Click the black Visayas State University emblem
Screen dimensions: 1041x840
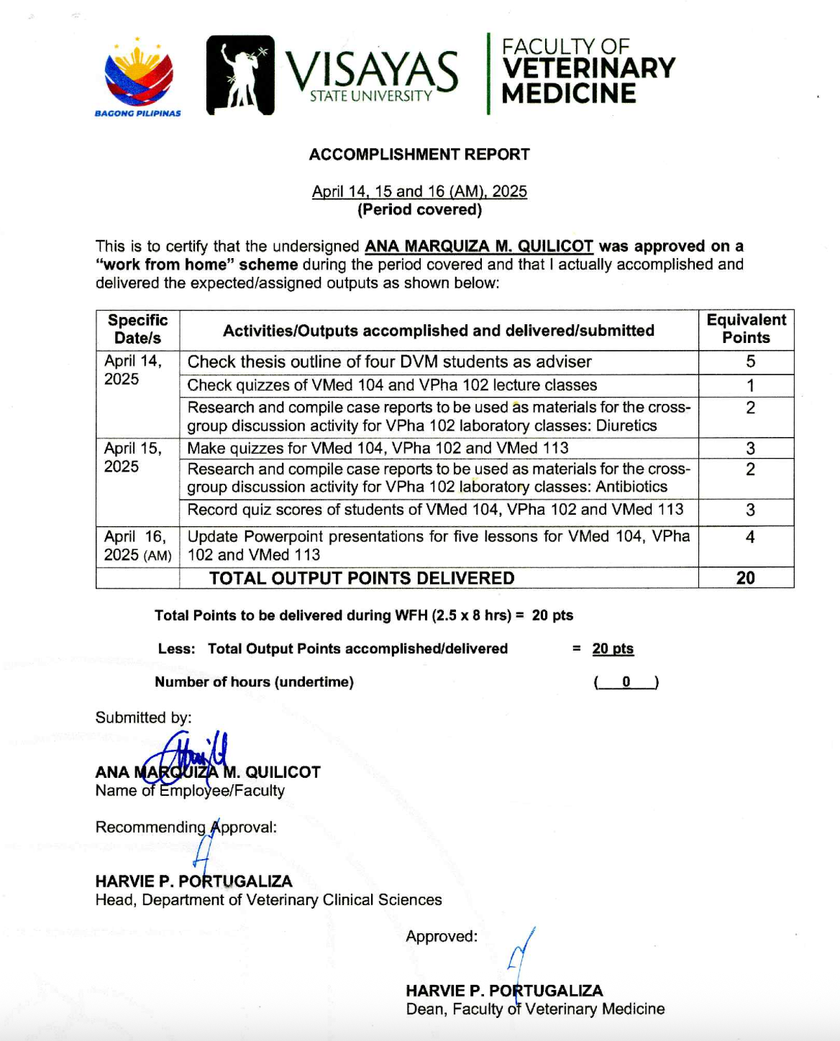[x=240, y=75]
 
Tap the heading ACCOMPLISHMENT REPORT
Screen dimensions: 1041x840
[x=419, y=155]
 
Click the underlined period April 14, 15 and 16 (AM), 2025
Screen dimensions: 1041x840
[x=419, y=191]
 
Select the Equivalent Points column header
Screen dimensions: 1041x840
[x=746, y=329]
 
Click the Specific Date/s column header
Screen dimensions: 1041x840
[x=137, y=329]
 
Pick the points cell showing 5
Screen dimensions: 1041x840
[x=749, y=362]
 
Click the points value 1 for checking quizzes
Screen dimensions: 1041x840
[x=749, y=385]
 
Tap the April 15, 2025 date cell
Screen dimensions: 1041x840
[x=133, y=457]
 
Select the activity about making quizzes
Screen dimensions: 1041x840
[x=378, y=448]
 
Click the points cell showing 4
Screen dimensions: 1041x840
[x=749, y=537]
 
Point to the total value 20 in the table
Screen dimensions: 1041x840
[x=746, y=578]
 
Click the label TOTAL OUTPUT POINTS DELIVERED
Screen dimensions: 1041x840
[x=362, y=578]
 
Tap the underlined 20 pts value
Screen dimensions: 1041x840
[x=613, y=648]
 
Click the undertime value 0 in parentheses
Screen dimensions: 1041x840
[x=626, y=682]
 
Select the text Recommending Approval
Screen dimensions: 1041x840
[x=186, y=827]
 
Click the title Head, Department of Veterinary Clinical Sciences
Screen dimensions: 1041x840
[x=268, y=900]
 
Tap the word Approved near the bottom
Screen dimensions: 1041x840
[x=441, y=936]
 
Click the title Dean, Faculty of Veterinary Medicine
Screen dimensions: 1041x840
[x=535, y=1009]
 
